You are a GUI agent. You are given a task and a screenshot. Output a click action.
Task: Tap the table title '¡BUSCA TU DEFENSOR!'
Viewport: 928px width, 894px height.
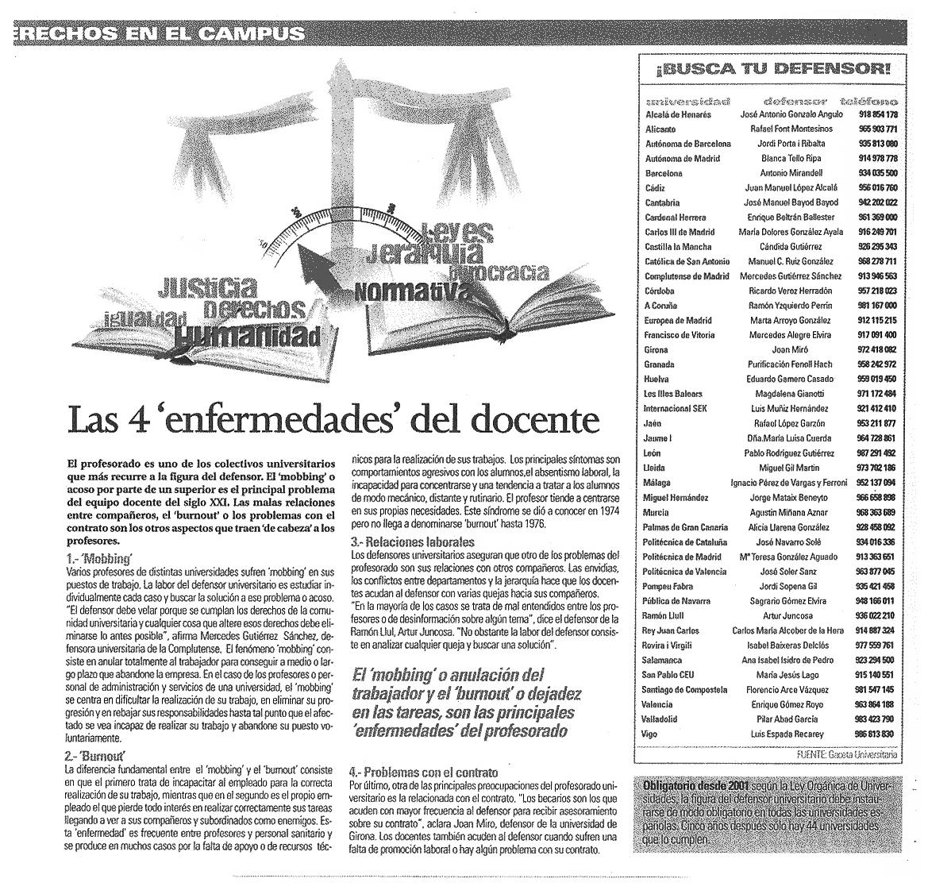(774, 69)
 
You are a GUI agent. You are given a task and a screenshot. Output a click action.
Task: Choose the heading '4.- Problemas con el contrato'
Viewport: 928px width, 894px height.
(423, 771)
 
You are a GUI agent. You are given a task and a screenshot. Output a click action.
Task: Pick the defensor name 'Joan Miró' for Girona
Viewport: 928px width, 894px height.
(790, 349)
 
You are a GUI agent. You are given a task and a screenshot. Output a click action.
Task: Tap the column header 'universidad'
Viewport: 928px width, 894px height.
(688, 102)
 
